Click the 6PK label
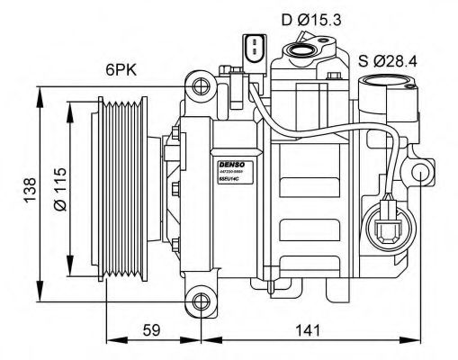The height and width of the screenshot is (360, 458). [121, 68]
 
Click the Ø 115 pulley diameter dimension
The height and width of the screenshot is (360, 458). [59, 190]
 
